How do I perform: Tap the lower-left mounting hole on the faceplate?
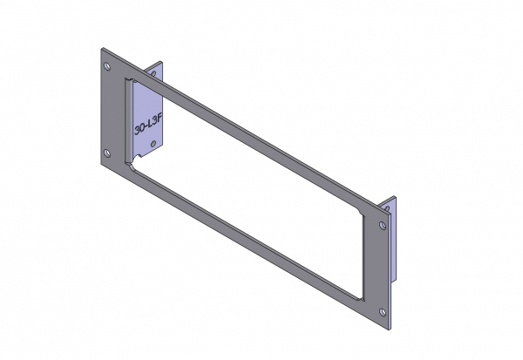pyautogui.click(x=107, y=153)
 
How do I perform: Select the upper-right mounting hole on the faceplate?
pyautogui.click(x=384, y=226)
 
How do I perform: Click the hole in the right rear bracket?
pyautogui.click(x=389, y=207)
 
